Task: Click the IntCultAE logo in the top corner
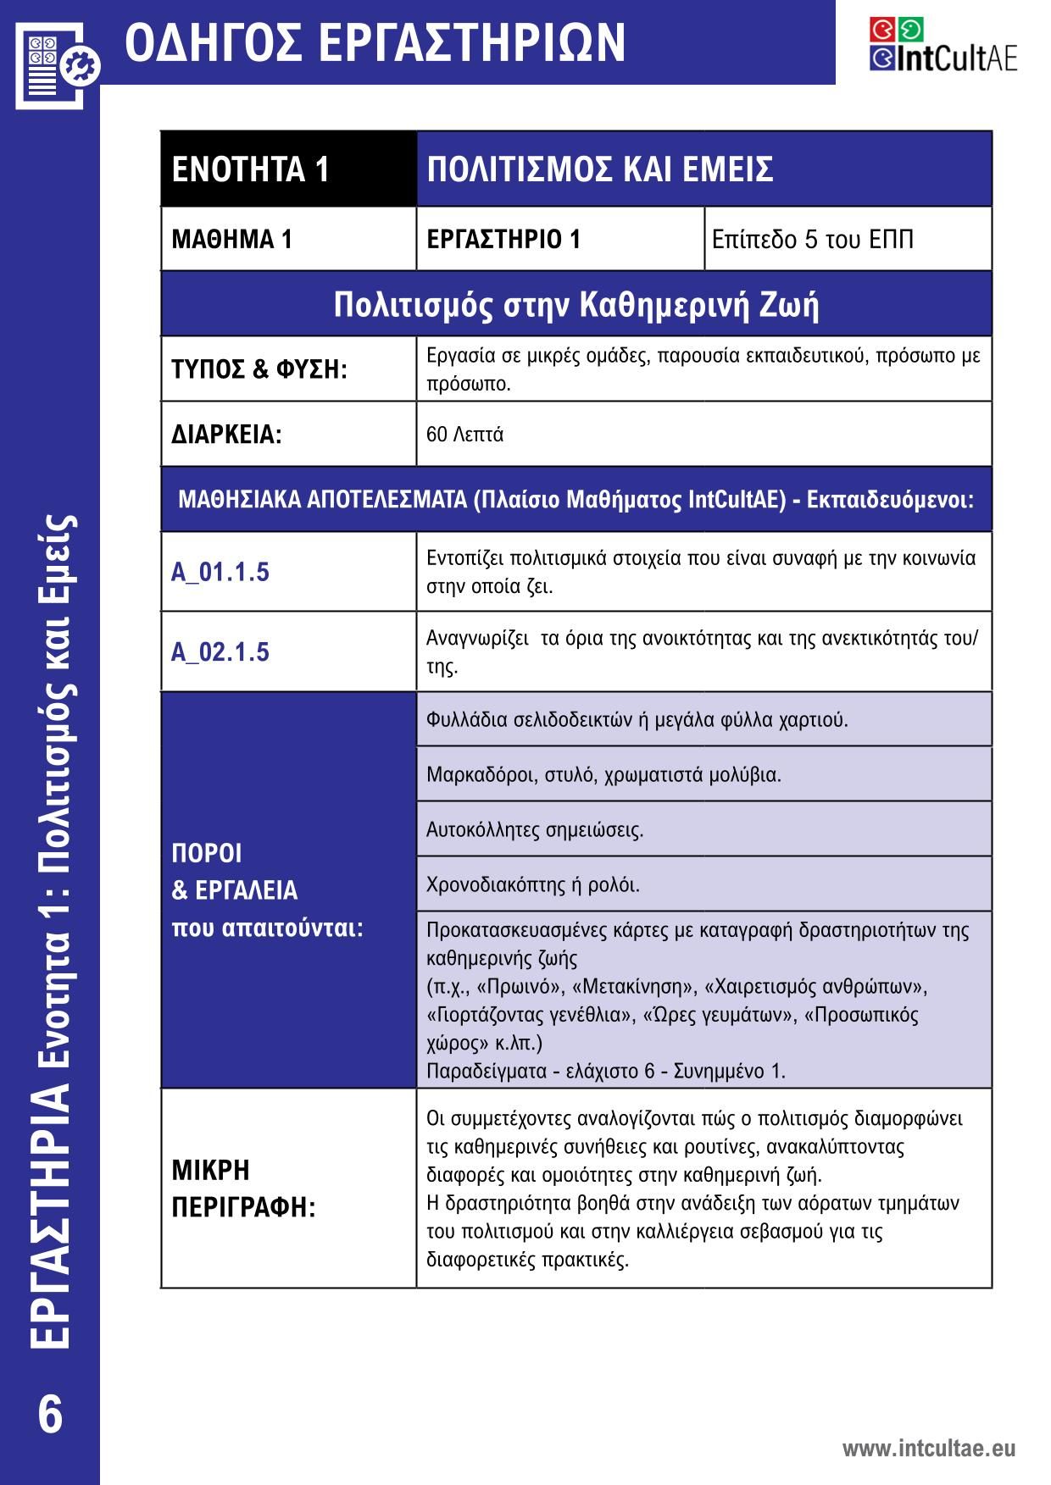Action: (x=943, y=46)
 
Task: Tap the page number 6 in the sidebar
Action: (x=50, y=1414)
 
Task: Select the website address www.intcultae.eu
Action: (x=928, y=1448)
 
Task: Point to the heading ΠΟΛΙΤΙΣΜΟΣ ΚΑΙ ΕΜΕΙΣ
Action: (x=600, y=169)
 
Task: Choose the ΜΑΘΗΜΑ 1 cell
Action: (x=232, y=239)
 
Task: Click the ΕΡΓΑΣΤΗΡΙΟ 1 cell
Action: (x=503, y=239)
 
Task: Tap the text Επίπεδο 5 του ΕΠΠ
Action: (x=813, y=239)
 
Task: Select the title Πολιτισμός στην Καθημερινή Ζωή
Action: (x=576, y=304)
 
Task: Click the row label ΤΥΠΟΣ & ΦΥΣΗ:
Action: (x=259, y=369)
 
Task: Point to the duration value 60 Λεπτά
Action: (x=464, y=435)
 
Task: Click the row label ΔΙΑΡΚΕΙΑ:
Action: (x=226, y=435)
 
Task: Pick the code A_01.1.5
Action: (x=220, y=572)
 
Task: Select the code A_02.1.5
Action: (x=220, y=651)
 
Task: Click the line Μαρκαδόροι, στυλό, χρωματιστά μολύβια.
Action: (x=603, y=774)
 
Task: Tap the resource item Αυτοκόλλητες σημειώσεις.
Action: (x=535, y=829)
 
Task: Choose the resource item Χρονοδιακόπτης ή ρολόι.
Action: (x=533, y=884)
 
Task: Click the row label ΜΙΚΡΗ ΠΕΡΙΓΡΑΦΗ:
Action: (x=243, y=1188)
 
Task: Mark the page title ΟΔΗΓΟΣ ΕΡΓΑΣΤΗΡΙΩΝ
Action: (x=375, y=42)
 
